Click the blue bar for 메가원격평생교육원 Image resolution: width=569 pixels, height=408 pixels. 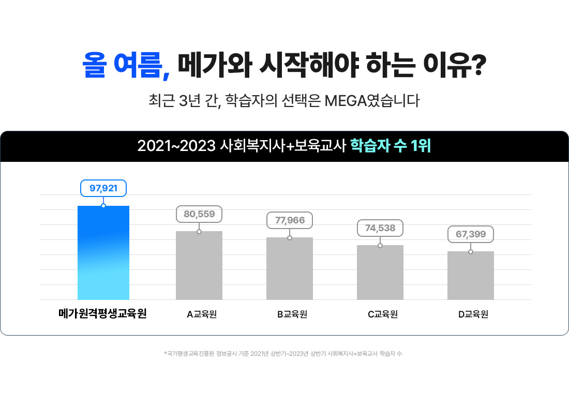click(103, 253)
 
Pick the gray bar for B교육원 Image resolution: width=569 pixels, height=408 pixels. click(290, 268)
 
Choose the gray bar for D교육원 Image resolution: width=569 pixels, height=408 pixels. click(471, 275)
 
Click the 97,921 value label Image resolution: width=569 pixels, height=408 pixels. click(103, 188)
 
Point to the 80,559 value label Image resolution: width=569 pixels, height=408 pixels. click(199, 214)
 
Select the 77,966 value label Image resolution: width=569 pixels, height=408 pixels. click(290, 220)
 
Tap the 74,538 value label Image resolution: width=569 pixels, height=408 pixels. click(380, 228)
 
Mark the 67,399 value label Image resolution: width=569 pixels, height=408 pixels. click(471, 234)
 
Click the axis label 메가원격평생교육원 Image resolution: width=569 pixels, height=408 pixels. click(103, 313)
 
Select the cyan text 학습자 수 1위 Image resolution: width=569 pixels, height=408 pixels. click(391, 146)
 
